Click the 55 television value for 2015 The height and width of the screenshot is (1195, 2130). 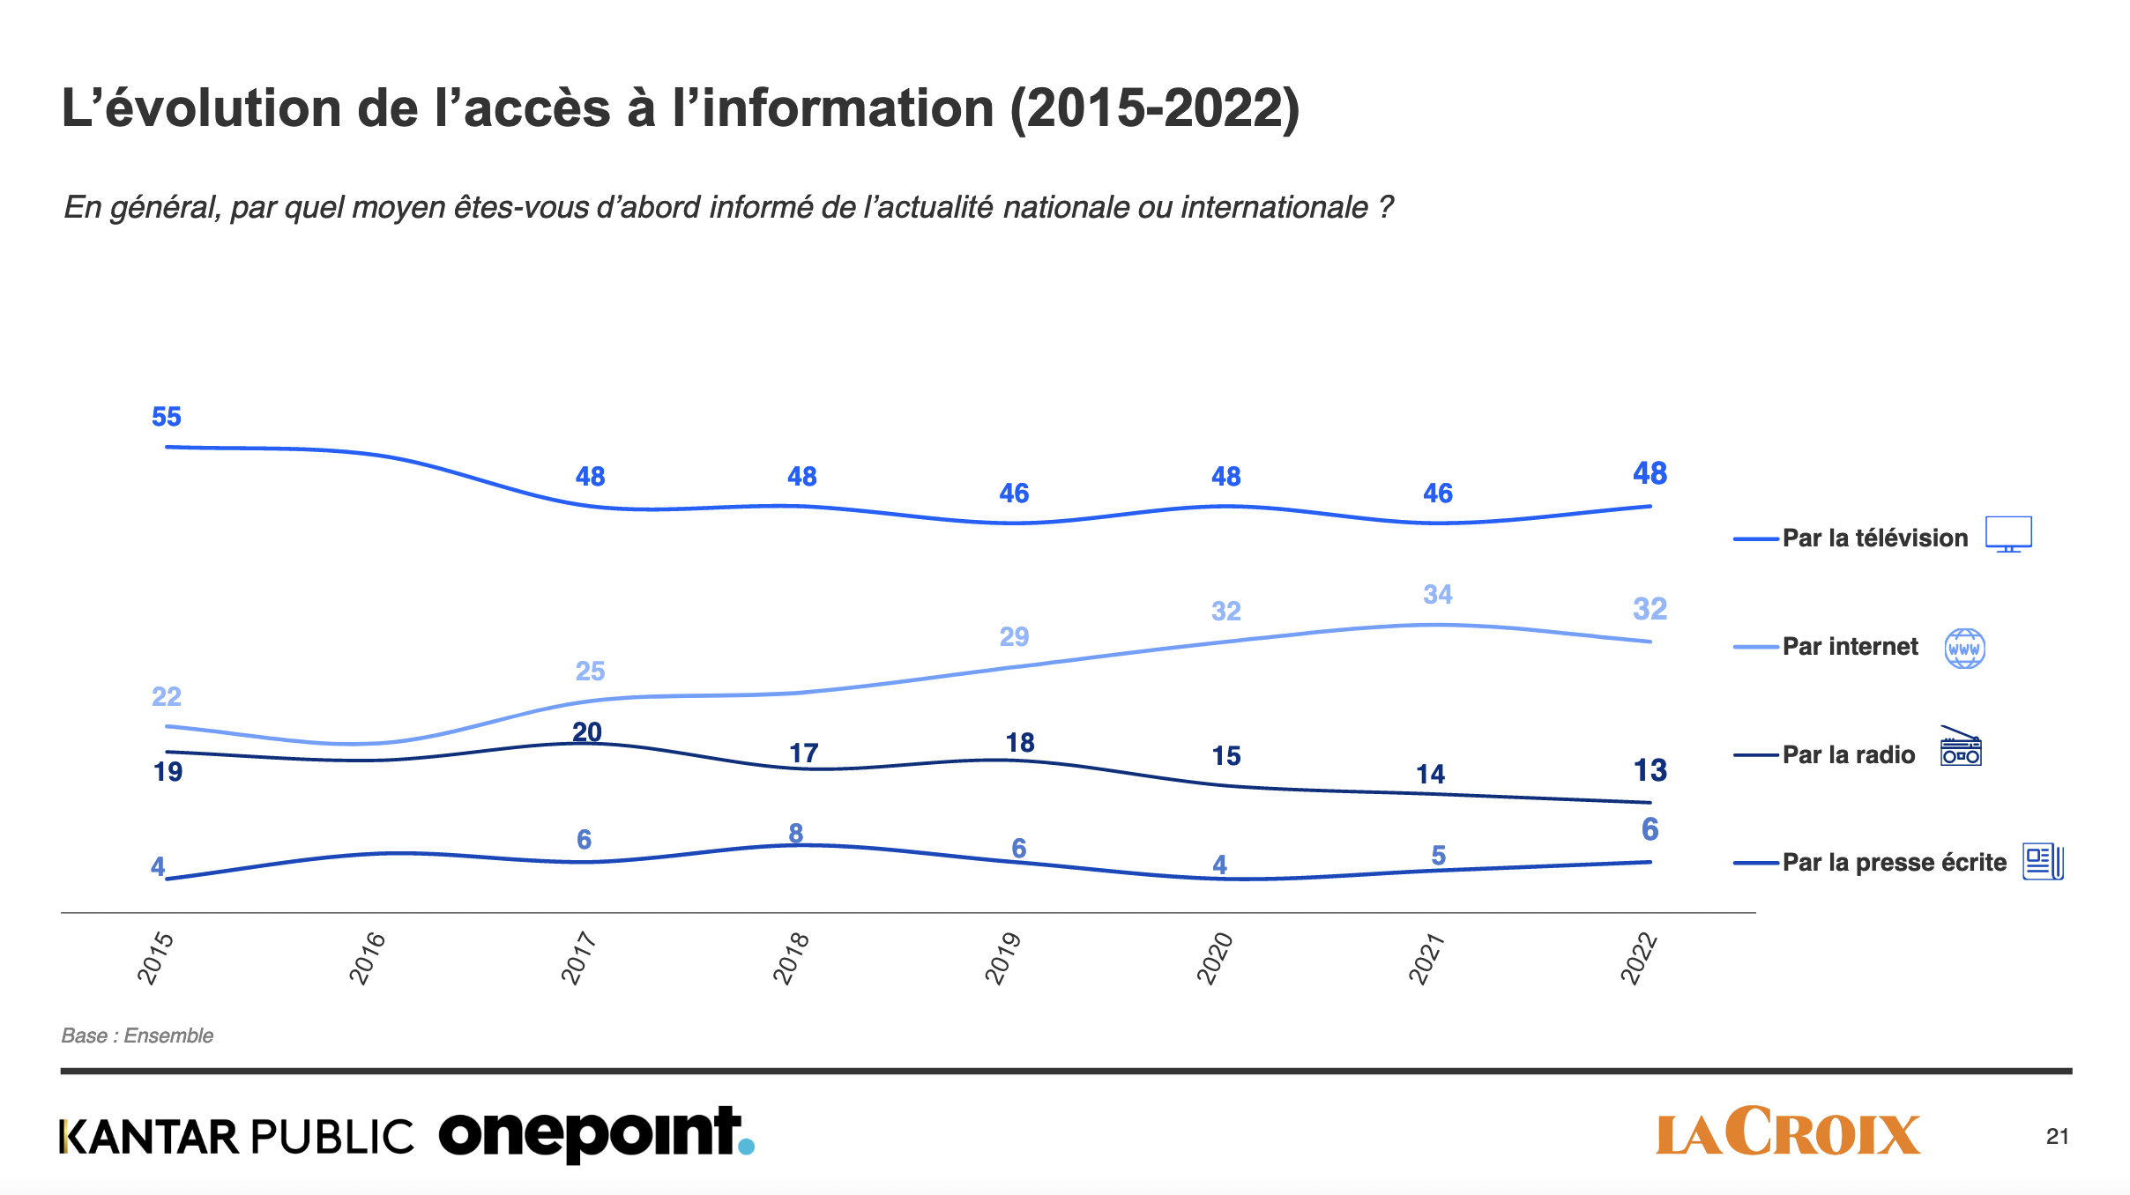(167, 417)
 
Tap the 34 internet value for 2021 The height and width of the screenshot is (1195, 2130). (1437, 595)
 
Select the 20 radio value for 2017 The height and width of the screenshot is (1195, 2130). (587, 732)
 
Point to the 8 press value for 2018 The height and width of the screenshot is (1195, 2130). (795, 833)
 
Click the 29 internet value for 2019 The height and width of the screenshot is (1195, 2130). (1014, 636)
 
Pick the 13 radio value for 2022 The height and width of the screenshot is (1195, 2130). (1650, 771)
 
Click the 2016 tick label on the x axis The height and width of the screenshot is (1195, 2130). (368, 957)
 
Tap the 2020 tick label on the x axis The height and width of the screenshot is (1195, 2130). (1215, 957)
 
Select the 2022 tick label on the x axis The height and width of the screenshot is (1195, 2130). (1639, 957)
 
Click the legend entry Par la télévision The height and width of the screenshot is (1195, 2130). (1874, 538)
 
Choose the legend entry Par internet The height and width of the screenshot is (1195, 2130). (1850, 647)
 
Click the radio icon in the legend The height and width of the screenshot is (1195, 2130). (1961, 747)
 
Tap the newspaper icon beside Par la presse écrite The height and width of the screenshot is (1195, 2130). (2043, 861)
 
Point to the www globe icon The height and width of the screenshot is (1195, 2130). (1964, 649)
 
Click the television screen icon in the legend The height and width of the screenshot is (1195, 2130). (2008, 534)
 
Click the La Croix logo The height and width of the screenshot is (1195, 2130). (1787, 1132)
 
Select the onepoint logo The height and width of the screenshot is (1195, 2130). (596, 1133)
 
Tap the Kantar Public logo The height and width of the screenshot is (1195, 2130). (236, 1137)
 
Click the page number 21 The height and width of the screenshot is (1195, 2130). (2057, 1137)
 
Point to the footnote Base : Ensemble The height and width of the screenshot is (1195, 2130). (138, 1035)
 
